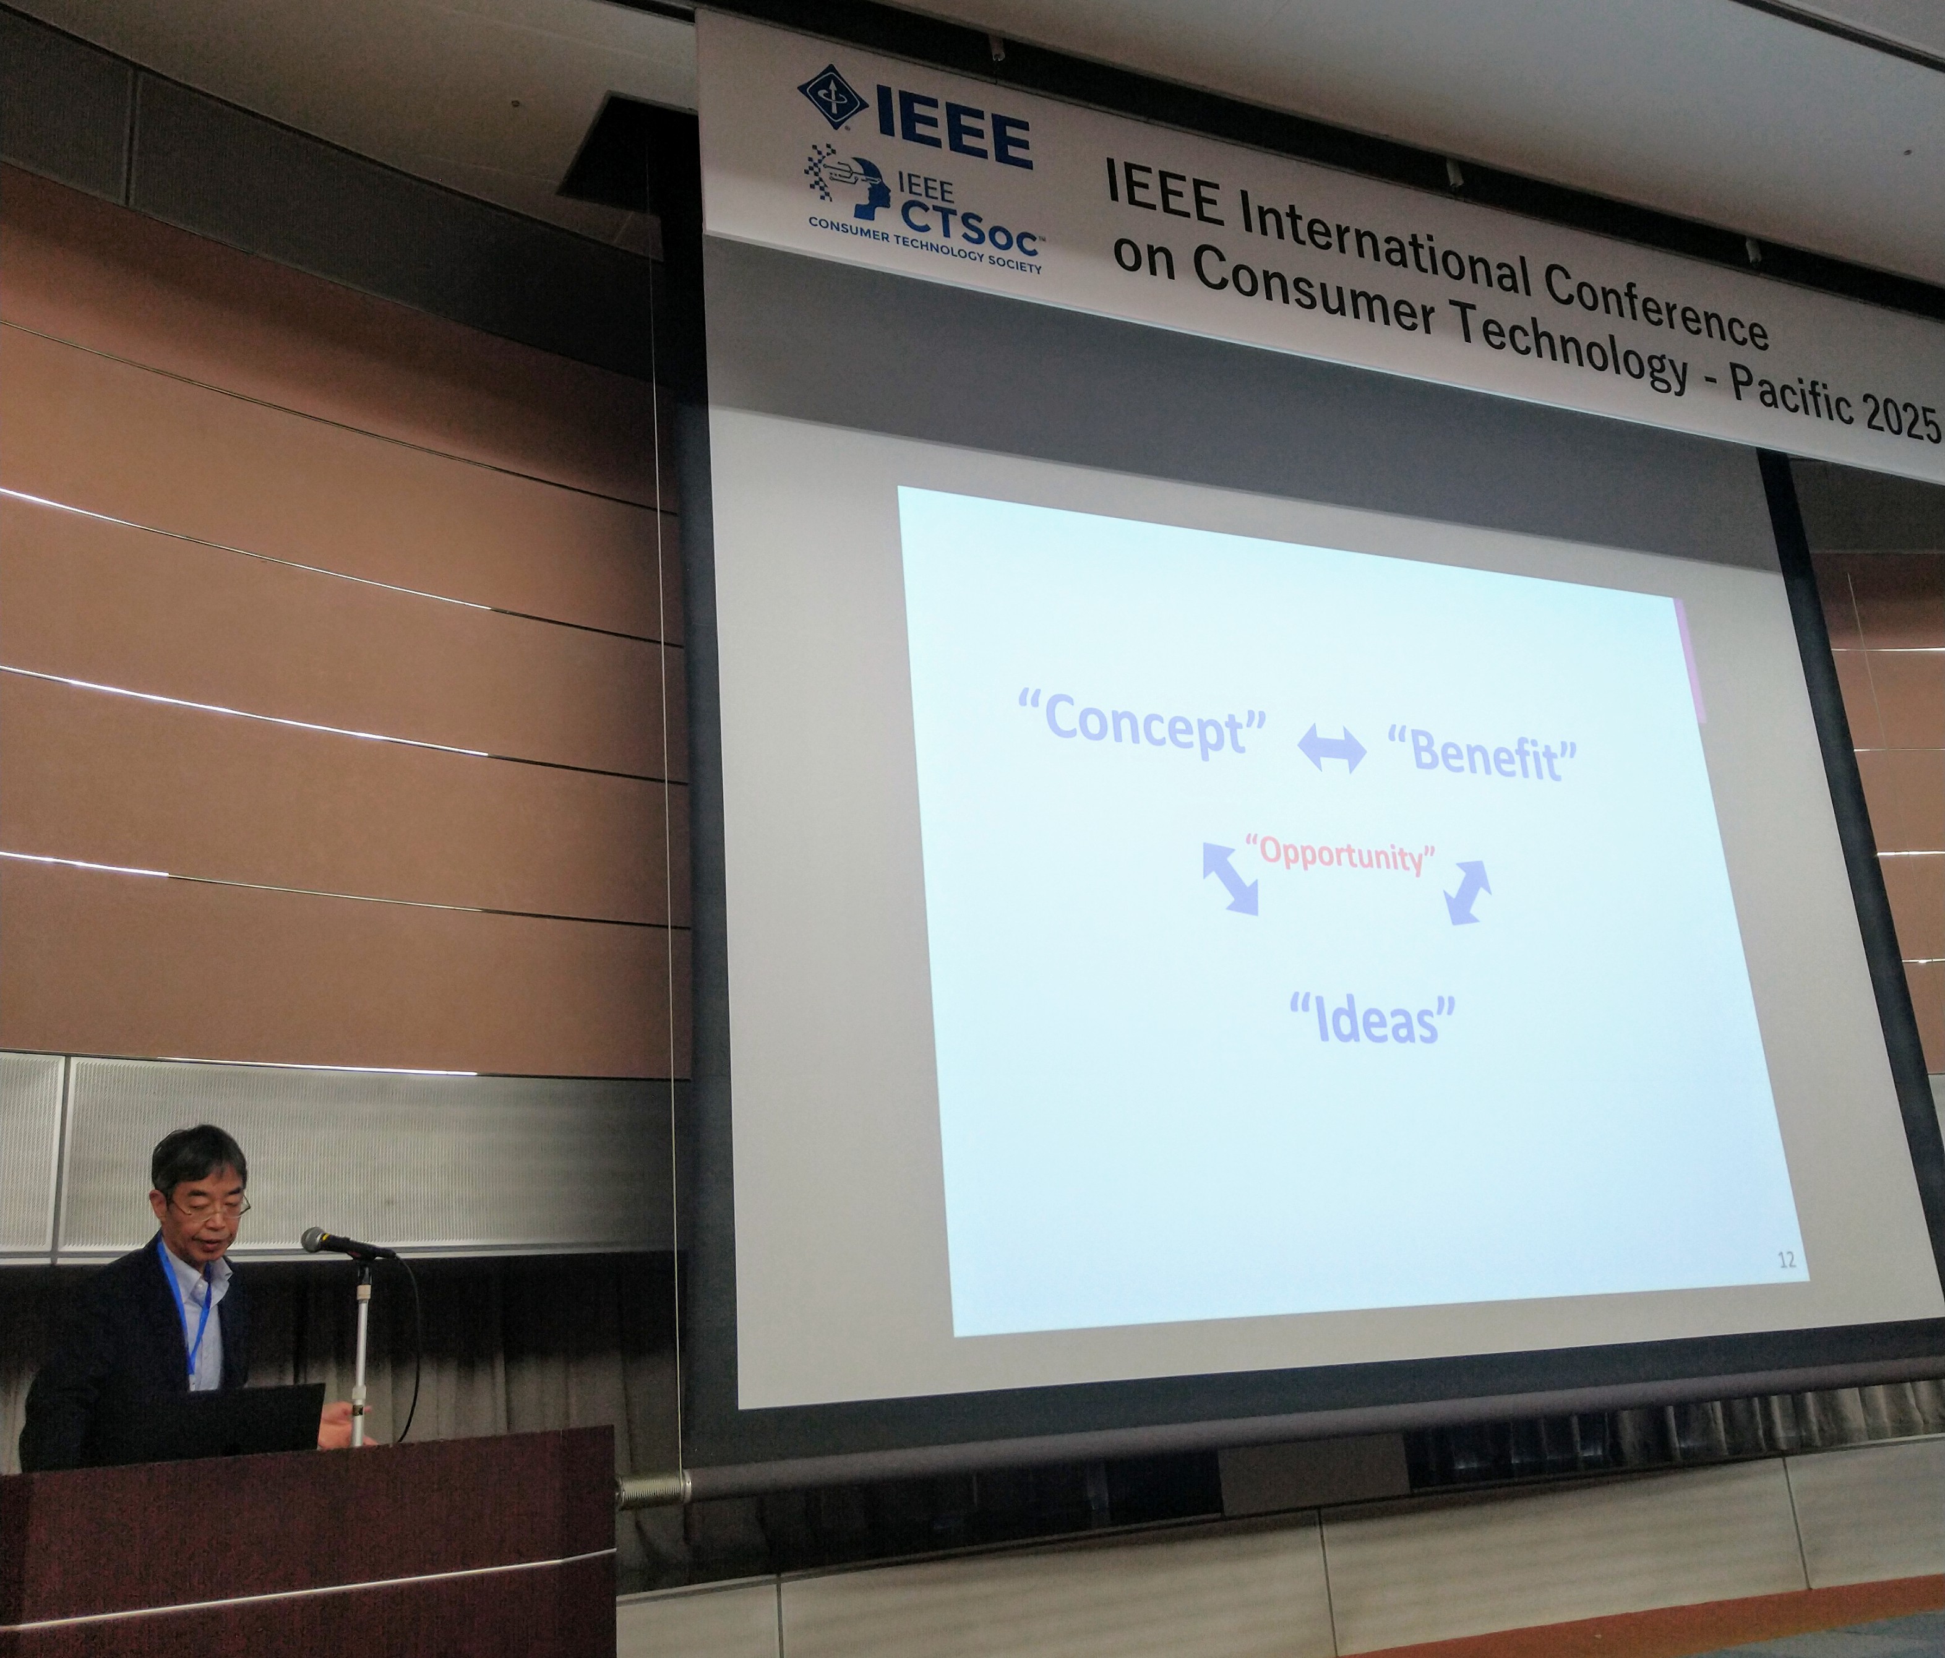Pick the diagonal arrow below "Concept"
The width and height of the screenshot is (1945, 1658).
click(1230, 878)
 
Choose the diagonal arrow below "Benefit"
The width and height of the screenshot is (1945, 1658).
click(1467, 892)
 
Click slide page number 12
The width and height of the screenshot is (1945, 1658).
click(1787, 1260)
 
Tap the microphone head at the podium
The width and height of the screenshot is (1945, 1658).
click(324, 1240)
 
